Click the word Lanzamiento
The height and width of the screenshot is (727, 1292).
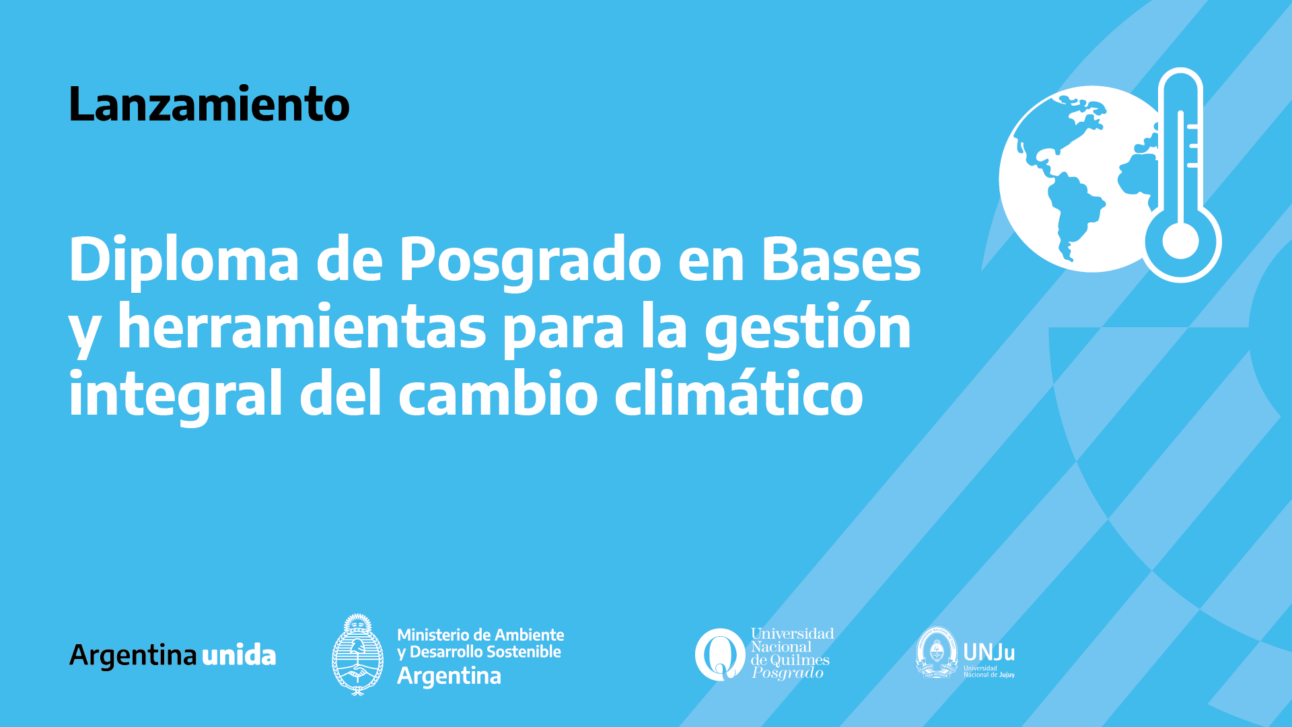209,104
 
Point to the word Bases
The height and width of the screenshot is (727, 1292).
840,259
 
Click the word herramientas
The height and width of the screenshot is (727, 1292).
302,326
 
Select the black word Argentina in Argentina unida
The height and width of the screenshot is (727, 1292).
133,656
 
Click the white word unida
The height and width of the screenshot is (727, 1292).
239,654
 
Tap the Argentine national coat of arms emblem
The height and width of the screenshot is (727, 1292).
358,654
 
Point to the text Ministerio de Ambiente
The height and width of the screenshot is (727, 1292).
480,635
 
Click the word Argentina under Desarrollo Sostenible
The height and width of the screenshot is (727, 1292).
449,675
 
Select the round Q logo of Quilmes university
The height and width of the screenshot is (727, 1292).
719,654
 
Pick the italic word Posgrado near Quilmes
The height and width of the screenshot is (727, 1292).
787,672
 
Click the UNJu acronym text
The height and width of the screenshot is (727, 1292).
989,652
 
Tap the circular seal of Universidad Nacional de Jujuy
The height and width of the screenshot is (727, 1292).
937,652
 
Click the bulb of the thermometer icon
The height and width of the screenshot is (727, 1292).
1181,240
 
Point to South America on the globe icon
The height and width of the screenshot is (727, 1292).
1074,212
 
